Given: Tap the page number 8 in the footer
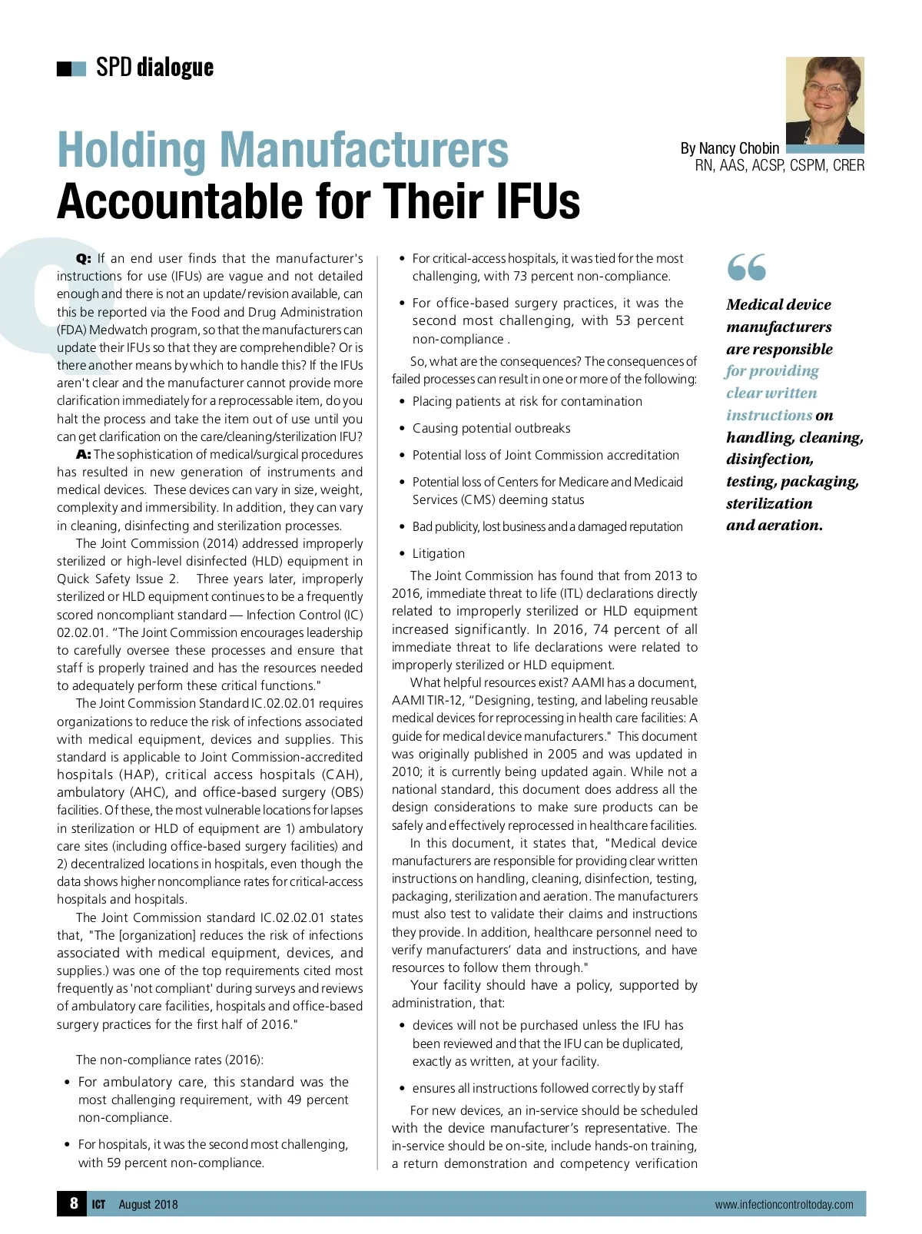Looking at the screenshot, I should coord(74,1202).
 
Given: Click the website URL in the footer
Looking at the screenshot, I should coord(784,1205).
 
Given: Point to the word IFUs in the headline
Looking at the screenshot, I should coord(537,201).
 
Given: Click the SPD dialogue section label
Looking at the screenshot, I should coord(154,68).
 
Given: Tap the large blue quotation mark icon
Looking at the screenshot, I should coord(746,267).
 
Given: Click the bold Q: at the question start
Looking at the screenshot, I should coord(84,259).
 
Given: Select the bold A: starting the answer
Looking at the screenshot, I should coord(84,454).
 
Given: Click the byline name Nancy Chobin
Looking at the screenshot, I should coord(739,148).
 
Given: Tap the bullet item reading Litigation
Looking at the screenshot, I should coord(438,553).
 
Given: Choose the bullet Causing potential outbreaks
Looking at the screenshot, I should coord(491,428).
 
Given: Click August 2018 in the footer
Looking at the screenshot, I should coord(148,1205).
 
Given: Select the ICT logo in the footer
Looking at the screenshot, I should coord(98,1205).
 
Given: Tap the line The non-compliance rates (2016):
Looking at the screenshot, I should coord(169,1060).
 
